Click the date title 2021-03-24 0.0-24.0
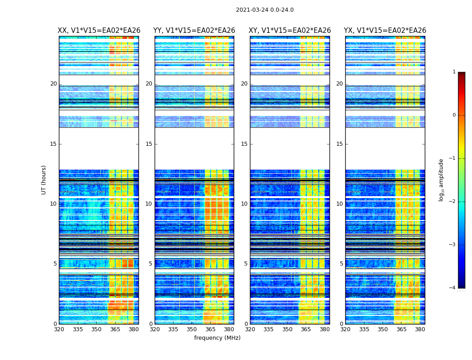(x=265, y=10)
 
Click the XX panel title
(x=99, y=31)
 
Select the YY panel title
(x=194, y=31)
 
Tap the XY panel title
(x=290, y=31)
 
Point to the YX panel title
(x=385, y=31)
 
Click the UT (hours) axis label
(x=44, y=180)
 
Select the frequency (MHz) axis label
(x=217, y=338)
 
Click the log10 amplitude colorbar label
(x=441, y=180)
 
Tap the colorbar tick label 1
(x=454, y=72)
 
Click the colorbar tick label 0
(x=454, y=115)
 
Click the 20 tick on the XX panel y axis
(x=53, y=84)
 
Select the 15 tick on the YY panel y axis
(x=149, y=144)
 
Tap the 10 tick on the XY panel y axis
(x=244, y=204)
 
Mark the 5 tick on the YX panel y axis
(x=341, y=264)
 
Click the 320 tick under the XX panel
(x=59, y=329)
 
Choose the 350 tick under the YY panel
(x=192, y=329)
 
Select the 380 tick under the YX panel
(x=420, y=329)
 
